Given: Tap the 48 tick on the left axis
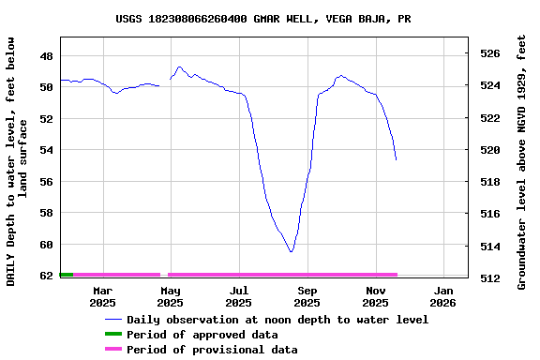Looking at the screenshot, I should [x=45, y=55].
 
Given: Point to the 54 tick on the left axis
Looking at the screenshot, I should [x=45, y=150].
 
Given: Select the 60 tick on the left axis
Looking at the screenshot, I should [x=45, y=245].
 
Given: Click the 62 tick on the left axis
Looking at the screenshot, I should [x=45, y=276].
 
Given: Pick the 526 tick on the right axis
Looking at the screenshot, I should [x=490, y=53].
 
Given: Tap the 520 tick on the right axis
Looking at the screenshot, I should [x=490, y=150].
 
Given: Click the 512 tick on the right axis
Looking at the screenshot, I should [x=490, y=278].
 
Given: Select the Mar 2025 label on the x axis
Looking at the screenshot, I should [x=102, y=296].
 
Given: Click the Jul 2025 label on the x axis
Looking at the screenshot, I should [x=239, y=296].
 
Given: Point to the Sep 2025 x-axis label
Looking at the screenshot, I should [x=307, y=296].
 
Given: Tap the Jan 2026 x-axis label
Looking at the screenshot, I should [x=442, y=296].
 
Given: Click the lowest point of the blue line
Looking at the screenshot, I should [x=292, y=251].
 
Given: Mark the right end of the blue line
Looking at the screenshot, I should [x=396, y=159].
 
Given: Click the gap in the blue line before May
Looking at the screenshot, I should [x=164, y=82].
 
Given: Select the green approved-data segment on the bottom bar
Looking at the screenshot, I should [x=66, y=275].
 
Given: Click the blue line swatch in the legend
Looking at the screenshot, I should [x=112, y=320].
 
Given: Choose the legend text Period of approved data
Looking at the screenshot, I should [x=202, y=335].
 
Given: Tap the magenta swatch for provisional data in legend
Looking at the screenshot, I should [x=112, y=350].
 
